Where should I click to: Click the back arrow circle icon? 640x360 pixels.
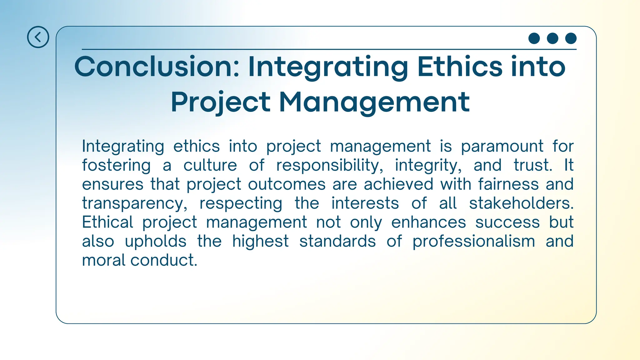pyautogui.click(x=38, y=37)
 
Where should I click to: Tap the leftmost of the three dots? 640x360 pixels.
pyautogui.click(x=534, y=38)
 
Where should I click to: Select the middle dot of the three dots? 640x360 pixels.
pyautogui.click(x=552, y=38)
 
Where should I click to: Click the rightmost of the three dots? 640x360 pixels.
pyautogui.click(x=571, y=38)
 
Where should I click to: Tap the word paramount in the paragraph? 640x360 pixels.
pyautogui.click(x=502, y=146)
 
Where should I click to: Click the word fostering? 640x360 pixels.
pyautogui.click(x=116, y=165)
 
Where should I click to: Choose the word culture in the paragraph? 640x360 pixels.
pyautogui.click(x=210, y=165)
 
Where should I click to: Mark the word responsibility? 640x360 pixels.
pyautogui.click(x=329, y=165)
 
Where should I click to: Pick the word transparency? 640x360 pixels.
pyautogui.click(x=134, y=203)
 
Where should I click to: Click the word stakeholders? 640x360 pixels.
pyautogui.click(x=521, y=203)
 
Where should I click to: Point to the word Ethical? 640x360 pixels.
pyautogui.click(x=108, y=222)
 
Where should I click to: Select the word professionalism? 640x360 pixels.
pyautogui.click(x=473, y=242)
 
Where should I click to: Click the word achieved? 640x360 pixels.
pyautogui.click(x=398, y=184)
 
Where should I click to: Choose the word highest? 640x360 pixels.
pyautogui.click(x=260, y=242)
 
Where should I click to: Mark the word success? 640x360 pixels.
pyautogui.click(x=507, y=222)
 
